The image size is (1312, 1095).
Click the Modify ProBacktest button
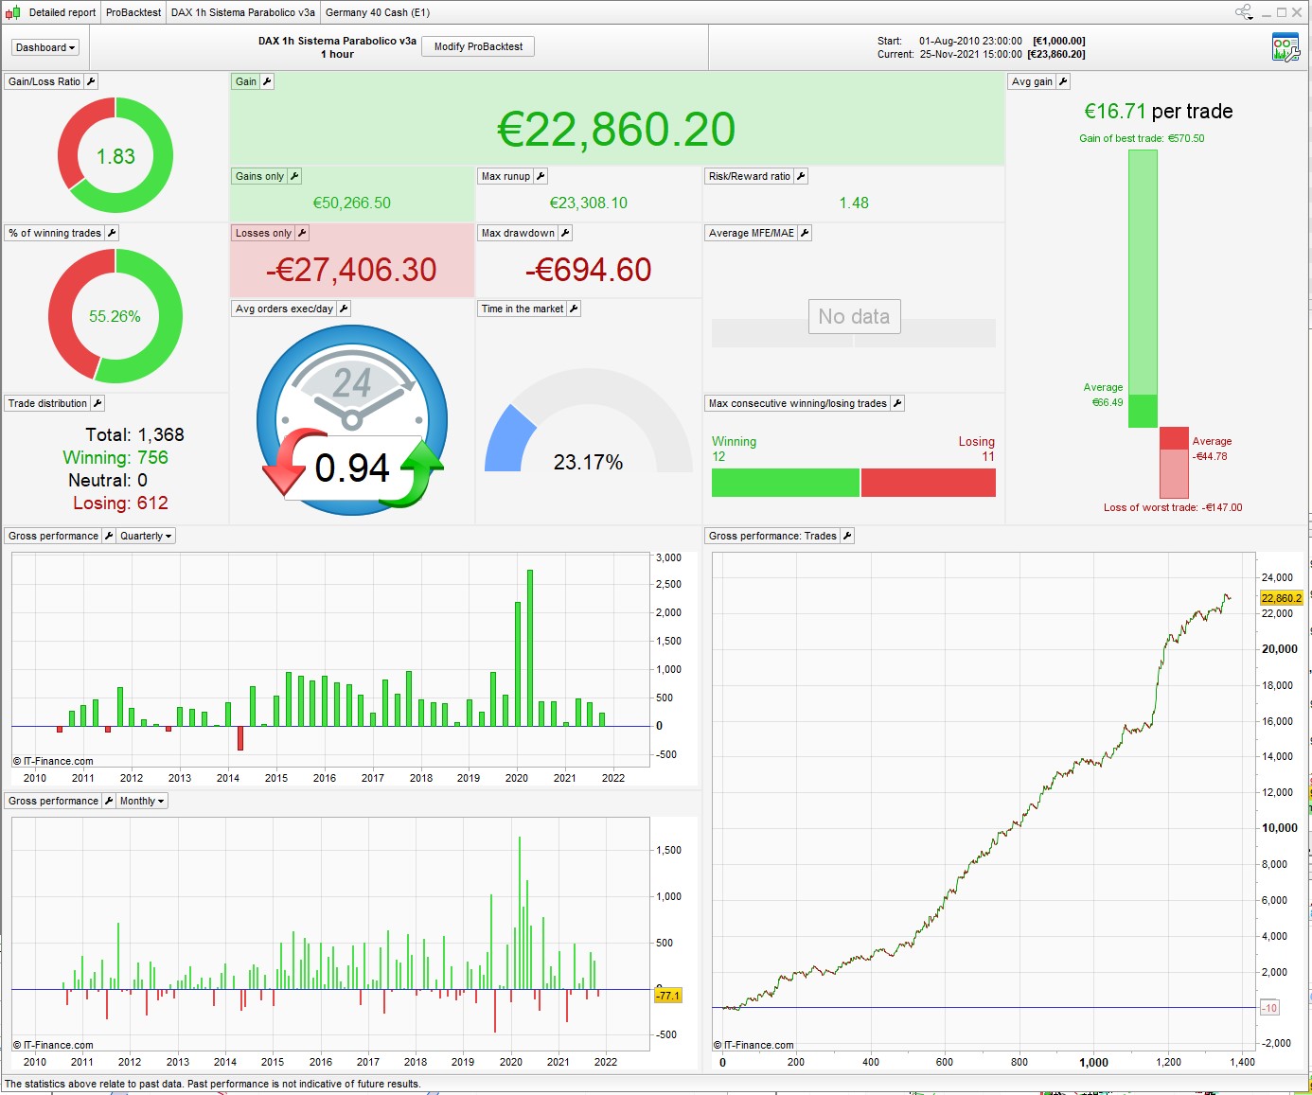point(478,46)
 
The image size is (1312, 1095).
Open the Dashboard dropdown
point(44,47)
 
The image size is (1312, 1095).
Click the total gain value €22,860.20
point(616,130)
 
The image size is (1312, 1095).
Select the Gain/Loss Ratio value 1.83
point(115,156)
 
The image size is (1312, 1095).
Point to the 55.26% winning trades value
point(115,316)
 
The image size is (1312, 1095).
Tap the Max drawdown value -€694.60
point(588,271)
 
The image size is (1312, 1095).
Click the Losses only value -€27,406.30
point(351,271)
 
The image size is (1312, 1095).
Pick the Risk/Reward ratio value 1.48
point(853,203)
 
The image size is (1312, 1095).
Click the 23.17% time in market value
point(588,462)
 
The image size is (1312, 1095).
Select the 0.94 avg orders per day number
point(352,468)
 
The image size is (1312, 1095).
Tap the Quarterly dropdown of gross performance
point(146,536)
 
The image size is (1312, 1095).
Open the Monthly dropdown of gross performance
point(142,801)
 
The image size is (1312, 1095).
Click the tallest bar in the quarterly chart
point(530,647)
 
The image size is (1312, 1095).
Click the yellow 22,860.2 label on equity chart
point(1281,598)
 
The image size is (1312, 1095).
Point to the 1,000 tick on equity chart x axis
point(1093,1062)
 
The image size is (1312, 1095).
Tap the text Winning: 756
point(115,458)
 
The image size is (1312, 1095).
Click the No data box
point(854,317)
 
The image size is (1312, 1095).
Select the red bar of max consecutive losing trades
point(928,483)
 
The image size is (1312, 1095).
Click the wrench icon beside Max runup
point(541,176)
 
